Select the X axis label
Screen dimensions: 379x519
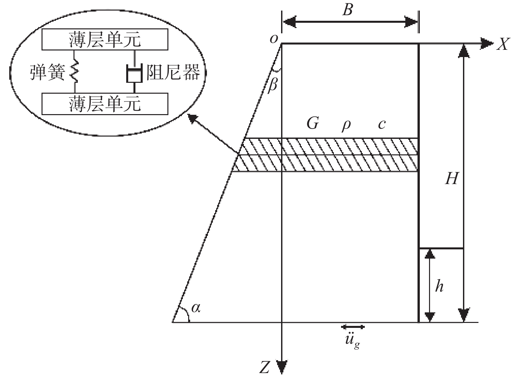[x=503, y=44]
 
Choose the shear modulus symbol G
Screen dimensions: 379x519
[x=312, y=124]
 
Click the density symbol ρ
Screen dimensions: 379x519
[x=346, y=125]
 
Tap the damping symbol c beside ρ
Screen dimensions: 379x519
[x=382, y=124]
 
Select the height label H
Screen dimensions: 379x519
[x=451, y=179]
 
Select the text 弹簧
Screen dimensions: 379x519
[x=47, y=72]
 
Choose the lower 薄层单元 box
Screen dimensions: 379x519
[x=105, y=103]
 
